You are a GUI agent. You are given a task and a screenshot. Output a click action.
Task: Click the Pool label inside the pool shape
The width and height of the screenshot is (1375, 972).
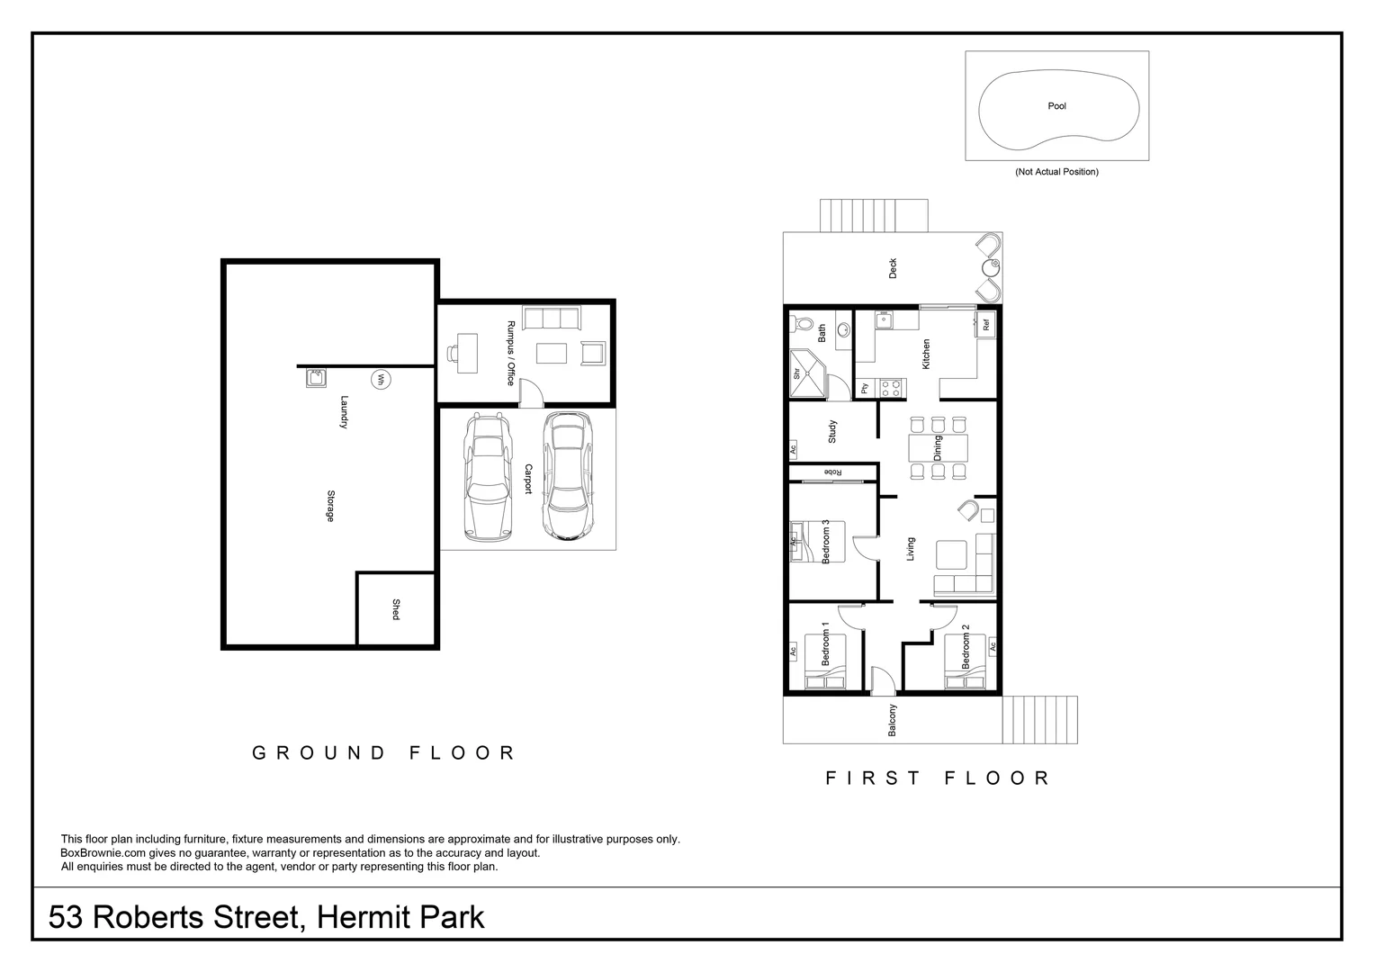[x=1056, y=106]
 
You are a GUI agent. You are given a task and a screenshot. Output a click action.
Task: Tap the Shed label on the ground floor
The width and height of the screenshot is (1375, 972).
[x=395, y=609]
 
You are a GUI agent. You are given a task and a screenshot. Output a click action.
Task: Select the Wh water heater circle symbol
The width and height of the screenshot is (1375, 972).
[x=380, y=380]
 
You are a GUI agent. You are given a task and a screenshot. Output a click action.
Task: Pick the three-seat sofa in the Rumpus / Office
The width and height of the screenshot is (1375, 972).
[x=552, y=319]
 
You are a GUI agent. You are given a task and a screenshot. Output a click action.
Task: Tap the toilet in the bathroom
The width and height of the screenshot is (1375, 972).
[x=803, y=325]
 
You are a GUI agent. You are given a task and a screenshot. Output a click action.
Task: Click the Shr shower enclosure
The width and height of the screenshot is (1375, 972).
[x=806, y=373]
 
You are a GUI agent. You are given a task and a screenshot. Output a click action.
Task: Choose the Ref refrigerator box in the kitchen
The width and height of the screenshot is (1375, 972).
[x=986, y=325]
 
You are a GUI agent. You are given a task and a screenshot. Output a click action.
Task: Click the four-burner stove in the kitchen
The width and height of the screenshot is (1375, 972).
[x=891, y=388]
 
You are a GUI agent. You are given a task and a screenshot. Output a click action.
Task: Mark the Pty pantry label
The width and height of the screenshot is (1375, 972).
[x=865, y=388]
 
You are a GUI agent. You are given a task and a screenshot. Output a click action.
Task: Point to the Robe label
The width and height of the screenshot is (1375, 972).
[x=833, y=472]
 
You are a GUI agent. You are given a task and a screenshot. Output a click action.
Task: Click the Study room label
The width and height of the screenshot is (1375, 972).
[x=832, y=432]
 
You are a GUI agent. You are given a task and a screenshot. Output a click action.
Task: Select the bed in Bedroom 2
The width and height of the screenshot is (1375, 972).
[x=966, y=661]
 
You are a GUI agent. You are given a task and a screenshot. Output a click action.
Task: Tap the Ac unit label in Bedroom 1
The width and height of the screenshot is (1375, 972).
[x=793, y=650]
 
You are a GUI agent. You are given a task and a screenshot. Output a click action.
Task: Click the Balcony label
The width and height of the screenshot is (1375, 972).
[x=893, y=720]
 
